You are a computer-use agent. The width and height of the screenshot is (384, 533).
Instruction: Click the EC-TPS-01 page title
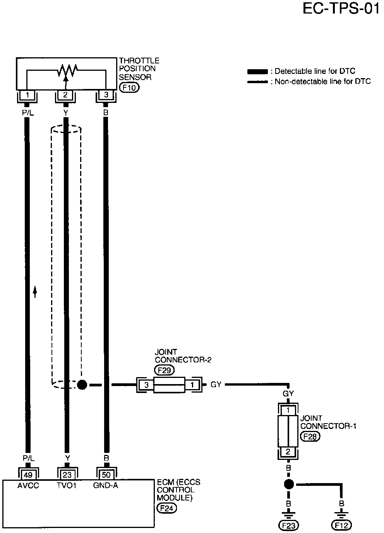pyautogui.click(x=341, y=9)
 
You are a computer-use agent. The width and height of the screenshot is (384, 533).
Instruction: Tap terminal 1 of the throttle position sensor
pyautogui.click(x=27, y=95)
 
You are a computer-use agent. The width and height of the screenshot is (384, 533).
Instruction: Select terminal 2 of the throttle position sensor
pyautogui.click(x=65, y=95)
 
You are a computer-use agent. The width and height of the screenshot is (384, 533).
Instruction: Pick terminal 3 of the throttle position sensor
pyautogui.click(x=106, y=95)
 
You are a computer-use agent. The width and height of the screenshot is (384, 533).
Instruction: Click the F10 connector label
pyautogui.click(x=129, y=88)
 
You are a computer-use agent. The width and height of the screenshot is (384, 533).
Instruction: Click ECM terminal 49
pyautogui.click(x=28, y=475)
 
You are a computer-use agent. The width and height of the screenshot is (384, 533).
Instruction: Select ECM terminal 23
pyautogui.click(x=67, y=475)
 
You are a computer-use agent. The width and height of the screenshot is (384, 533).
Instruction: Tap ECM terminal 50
pyautogui.click(x=106, y=475)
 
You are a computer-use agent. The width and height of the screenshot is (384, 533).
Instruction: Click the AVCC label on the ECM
pyautogui.click(x=28, y=485)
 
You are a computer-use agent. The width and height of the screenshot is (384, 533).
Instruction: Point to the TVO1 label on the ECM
pyautogui.click(x=67, y=485)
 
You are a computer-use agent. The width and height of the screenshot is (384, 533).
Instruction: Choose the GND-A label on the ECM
pyautogui.click(x=105, y=485)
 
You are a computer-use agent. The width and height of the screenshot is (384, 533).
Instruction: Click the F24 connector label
pyautogui.click(x=167, y=508)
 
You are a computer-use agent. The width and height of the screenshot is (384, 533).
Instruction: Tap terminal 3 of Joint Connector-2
pyautogui.click(x=146, y=385)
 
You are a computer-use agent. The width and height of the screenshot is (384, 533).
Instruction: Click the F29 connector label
pyautogui.click(x=165, y=371)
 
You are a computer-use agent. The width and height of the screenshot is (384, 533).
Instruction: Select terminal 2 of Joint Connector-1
pyautogui.click(x=288, y=452)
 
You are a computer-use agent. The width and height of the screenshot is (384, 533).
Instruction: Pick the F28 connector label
pyautogui.click(x=310, y=436)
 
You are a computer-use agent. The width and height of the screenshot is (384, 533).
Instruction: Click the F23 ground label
pyautogui.click(x=288, y=525)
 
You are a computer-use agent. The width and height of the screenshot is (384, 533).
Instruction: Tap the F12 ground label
pyautogui.click(x=341, y=525)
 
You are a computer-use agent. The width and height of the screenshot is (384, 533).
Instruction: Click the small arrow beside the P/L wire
pyautogui.click(x=35, y=291)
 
